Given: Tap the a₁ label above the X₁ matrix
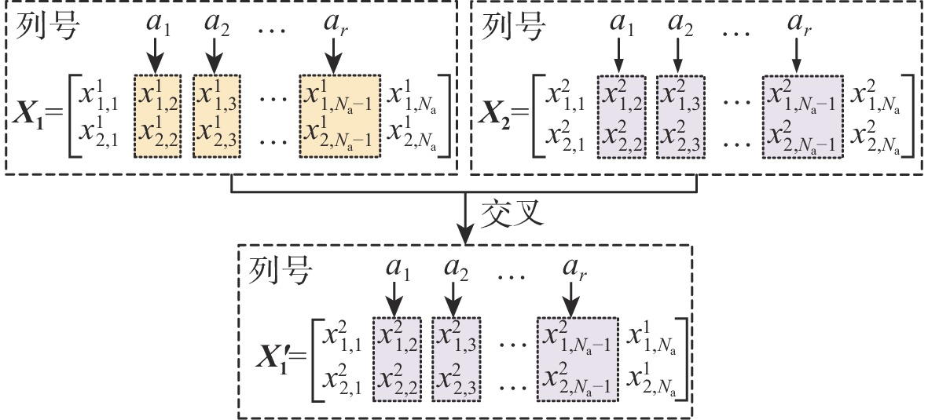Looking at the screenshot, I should click(157, 23).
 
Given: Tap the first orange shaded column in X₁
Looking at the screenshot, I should click(157, 115).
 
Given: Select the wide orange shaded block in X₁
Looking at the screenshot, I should click(339, 115).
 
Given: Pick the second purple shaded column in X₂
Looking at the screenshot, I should click(680, 115).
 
